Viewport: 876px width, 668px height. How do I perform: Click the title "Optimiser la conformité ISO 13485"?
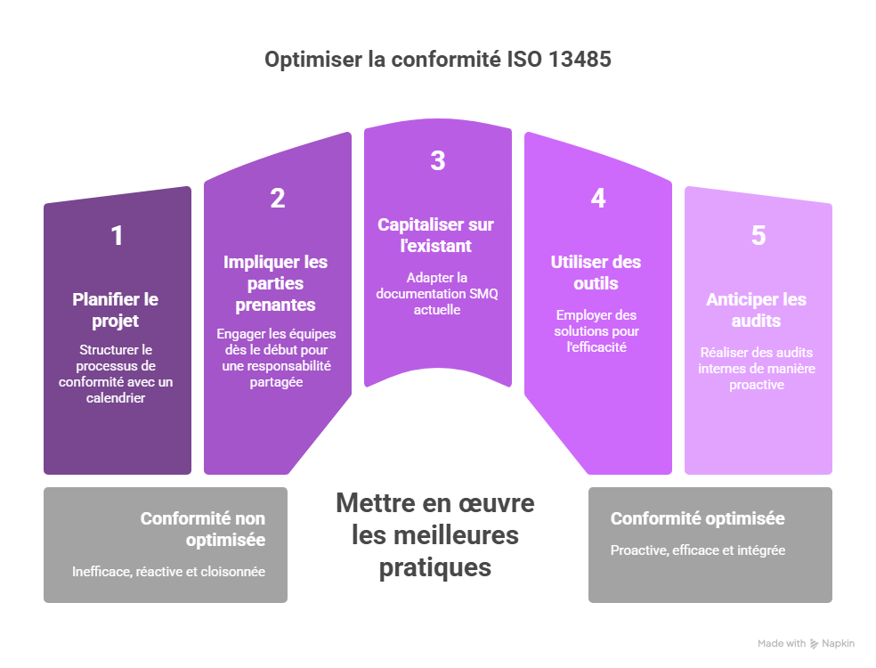pos(438,60)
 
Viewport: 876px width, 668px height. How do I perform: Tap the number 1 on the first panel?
pos(117,236)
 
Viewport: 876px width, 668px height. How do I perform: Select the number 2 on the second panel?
pos(278,199)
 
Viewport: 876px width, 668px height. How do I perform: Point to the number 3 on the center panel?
pos(437,161)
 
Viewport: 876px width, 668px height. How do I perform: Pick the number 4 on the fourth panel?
pos(598,199)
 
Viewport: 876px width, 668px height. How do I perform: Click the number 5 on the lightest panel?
pos(758,236)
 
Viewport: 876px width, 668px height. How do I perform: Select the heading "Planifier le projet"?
pos(116,310)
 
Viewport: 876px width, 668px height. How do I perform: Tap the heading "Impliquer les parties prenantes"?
pos(276,283)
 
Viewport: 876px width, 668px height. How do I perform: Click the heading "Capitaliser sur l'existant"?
pos(436,235)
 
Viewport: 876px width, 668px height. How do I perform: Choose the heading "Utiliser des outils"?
pos(596,273)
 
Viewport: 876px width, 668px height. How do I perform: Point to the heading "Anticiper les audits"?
pos(757,310)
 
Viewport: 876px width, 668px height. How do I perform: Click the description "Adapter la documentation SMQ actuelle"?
pos(436,294)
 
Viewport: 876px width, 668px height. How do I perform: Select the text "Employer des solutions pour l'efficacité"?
pos(596,330)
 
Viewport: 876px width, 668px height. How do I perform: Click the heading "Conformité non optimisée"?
pos(203,529)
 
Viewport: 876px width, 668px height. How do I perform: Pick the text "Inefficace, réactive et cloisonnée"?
pos(169,571)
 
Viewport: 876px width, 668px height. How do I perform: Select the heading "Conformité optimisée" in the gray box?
pos(698,519)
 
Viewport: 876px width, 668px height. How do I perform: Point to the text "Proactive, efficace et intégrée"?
pos(698,550)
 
